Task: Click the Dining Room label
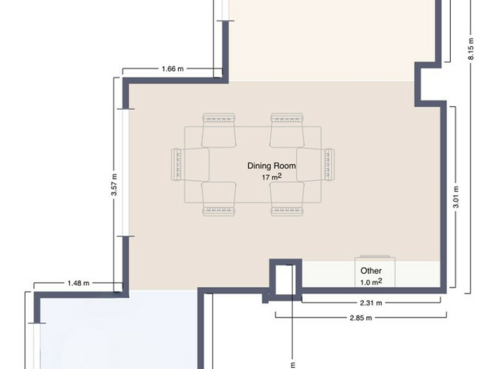point(272,166)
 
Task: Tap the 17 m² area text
point(272,177)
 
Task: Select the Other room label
point(371,271)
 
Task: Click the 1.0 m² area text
point(371,282)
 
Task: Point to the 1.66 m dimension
point(172,69)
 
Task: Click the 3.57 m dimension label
point(115,184)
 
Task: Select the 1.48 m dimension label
point(78,283)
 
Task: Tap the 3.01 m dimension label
point(456,197)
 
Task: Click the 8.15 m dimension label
point(470,48)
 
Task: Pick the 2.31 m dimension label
point(371,303)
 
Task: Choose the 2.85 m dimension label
point(361,318)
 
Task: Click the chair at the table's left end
point(190,164)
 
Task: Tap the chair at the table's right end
point(315,164)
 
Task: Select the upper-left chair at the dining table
point(219,130)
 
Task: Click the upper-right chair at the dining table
point(287,130)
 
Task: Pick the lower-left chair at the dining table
point(219,199)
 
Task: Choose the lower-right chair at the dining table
point(287,199)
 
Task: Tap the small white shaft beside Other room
point(285,279)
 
